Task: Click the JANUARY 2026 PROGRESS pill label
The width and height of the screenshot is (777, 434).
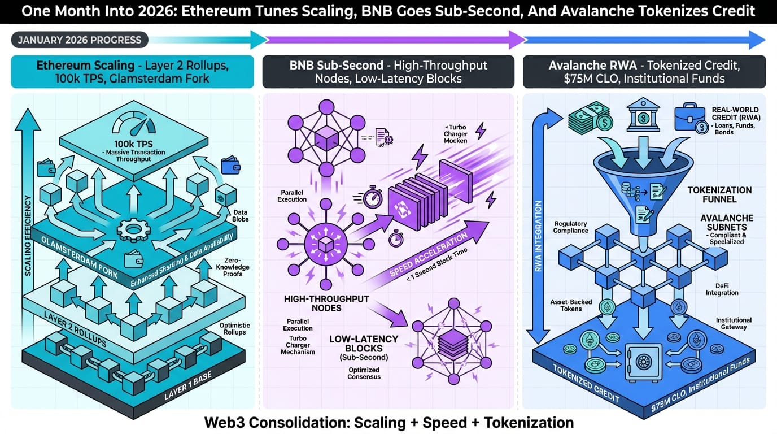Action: (x=80, y=40)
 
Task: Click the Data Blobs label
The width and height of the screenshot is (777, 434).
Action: (x=240, y=215)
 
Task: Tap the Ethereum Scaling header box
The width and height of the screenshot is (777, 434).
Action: (x=132, y=72)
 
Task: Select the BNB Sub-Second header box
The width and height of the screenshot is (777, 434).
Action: (x=388, y=72)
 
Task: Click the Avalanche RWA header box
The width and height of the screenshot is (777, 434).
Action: (x=644, y=72)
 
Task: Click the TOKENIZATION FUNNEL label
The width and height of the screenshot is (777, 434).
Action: (x=719, y=195)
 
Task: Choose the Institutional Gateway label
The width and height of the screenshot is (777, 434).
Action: (x=734, y=323)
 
